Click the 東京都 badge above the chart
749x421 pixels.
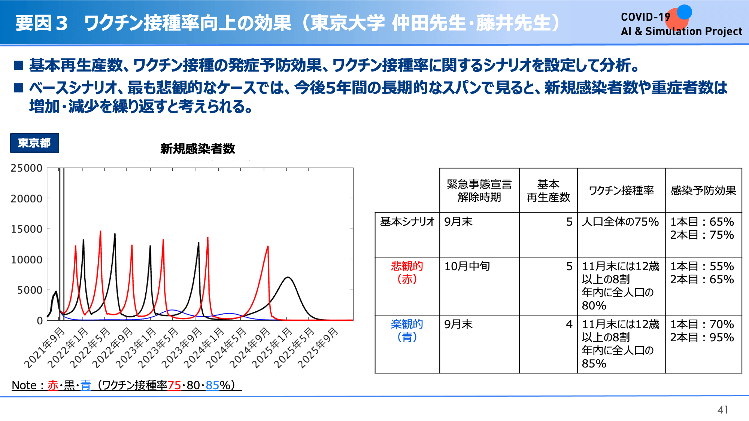point(34,143)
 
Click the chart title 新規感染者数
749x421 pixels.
point(198,149)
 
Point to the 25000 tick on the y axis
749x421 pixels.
point(27,168)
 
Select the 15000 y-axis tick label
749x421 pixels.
point(27,229)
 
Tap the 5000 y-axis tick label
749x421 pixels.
point(30,290)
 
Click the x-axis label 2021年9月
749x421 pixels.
point(44,348)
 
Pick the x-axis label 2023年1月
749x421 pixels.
point(136,348)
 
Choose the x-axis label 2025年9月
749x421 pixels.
point(318,348)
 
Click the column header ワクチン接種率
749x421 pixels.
point(621,190)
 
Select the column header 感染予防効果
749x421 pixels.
point(703,190)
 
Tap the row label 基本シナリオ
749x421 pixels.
point(407,222)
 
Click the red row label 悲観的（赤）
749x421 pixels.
point(407,272)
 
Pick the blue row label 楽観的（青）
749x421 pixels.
point(407,330)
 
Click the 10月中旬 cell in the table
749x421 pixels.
point(467,266)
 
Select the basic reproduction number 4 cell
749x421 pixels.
point(569,324)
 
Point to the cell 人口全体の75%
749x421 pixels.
point(620,222)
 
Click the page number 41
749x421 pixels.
point(723,410)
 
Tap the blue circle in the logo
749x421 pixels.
point(684,12)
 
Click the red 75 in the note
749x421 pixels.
point(174,385)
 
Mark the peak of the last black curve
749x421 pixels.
point(288,277)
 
